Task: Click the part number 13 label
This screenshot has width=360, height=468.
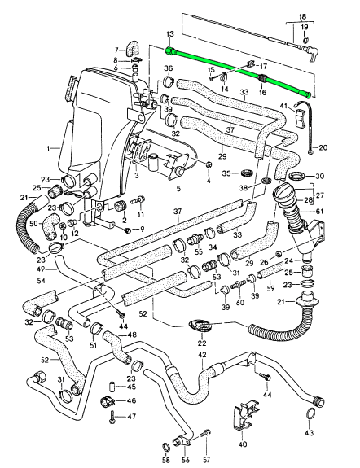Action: point(169,34)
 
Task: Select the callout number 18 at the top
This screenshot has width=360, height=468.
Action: point(302,16)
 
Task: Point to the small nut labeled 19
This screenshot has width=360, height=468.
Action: point(305,40)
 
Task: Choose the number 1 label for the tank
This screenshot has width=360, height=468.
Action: point(49,148)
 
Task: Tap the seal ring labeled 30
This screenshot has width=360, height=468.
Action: point(296,176)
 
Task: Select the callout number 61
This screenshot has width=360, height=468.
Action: point(319,212)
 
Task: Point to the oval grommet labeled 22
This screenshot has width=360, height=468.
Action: point(200,326)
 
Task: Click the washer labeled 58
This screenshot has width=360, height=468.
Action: point(166,448)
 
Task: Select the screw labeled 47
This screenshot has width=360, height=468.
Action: point(112,417)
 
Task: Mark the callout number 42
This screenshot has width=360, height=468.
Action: point(202,355)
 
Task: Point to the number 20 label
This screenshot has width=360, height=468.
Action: point(323,147)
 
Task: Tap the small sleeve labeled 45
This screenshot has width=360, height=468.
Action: point(112,387)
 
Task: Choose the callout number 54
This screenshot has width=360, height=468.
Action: point(42,281)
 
